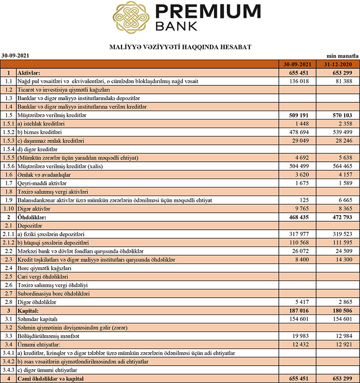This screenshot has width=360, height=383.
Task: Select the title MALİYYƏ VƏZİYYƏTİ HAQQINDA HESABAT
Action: [180, 47]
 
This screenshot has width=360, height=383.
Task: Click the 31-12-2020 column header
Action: [341, 64]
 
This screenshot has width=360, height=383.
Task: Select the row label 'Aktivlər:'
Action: [29, 72]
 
